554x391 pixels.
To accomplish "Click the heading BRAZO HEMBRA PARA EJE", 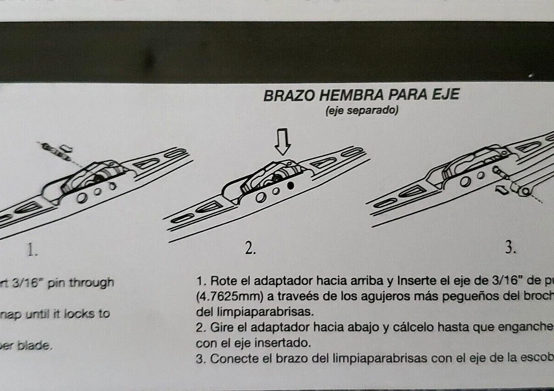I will pos(361,95).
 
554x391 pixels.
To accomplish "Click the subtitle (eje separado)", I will pos(362,111).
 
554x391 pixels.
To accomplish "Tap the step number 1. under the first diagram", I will pos(32,249).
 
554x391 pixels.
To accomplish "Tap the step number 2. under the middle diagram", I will pos(250,249).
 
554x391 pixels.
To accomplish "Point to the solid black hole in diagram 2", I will pos(290,186).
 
